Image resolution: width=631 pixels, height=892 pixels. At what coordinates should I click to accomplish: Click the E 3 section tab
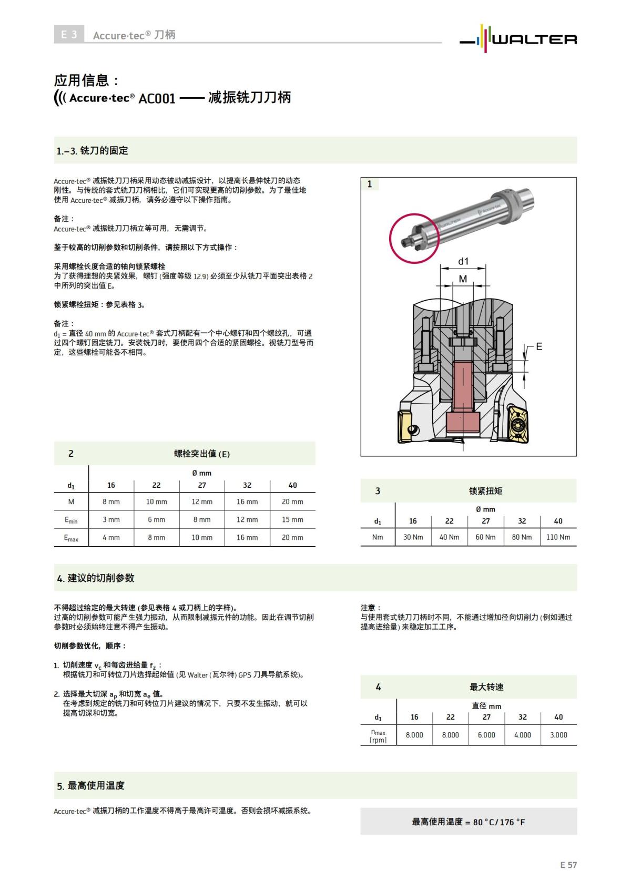69,35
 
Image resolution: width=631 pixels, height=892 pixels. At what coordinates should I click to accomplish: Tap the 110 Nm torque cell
558,537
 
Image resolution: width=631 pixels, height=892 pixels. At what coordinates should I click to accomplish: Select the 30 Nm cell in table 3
413,537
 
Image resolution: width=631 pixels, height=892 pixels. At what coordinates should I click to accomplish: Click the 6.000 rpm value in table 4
486,735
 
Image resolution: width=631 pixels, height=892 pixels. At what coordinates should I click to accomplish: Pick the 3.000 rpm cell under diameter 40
558,735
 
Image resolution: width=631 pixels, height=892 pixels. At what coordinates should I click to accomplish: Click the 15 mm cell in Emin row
292,519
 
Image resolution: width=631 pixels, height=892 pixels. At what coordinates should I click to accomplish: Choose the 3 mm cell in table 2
111,519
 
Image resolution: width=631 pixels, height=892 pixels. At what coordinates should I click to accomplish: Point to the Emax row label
71,538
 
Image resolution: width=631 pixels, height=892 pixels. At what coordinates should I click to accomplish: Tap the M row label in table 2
71,501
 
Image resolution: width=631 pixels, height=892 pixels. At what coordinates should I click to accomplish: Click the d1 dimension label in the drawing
463,261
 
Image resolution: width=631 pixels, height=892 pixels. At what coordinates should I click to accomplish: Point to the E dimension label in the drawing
539,346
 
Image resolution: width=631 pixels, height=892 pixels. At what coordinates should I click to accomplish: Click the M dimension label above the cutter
463,279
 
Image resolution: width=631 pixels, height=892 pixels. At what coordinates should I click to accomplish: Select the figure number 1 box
370,184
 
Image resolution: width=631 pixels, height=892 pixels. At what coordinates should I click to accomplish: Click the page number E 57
568,865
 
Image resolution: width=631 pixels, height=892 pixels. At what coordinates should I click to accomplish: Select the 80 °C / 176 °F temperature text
468,822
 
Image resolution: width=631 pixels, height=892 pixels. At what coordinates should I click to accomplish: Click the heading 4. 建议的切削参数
96,578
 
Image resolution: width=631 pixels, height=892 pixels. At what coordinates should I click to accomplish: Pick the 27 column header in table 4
486,717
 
